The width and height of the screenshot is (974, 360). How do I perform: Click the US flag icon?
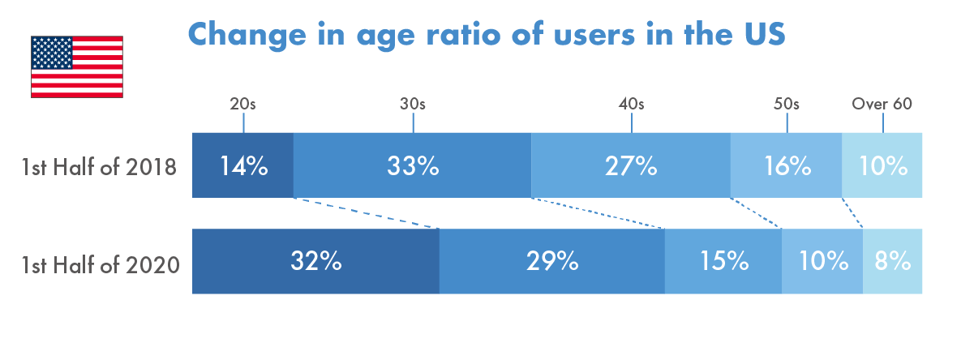[x=77, y=66]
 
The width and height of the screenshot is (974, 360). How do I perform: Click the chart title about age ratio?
[x=487, y=35]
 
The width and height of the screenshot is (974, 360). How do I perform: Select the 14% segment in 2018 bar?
[x=242, y=165]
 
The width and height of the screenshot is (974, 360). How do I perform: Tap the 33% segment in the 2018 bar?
[x=412, y=165]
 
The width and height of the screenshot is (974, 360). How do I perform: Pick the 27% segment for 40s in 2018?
[x=631, y=165]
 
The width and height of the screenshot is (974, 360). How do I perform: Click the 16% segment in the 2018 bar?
[x=787, y=165]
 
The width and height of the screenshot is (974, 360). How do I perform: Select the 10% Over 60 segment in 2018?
[x=882, y=165]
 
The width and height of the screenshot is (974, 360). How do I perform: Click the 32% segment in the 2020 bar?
[x=315, y=261]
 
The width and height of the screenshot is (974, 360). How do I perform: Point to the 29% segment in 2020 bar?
[x=552, y=261]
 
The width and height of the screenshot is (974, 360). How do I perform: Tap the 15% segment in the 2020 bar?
[x=723, y=261]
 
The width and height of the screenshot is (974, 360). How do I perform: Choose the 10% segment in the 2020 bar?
[x=822, y=261]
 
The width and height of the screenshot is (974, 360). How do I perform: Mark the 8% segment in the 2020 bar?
[x=892, y=261]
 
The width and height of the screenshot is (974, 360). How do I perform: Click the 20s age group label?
[x=242, y=104]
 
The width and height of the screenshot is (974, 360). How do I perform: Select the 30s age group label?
[x=413, y=104]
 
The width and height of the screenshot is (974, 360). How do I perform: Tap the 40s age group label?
[x=631, y=104]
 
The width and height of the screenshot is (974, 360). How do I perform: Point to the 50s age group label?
[x=787, y=104]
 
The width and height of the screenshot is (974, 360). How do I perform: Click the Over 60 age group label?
[x=882, y=104]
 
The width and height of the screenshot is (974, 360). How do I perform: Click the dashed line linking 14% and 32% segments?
[x=366, y=213]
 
